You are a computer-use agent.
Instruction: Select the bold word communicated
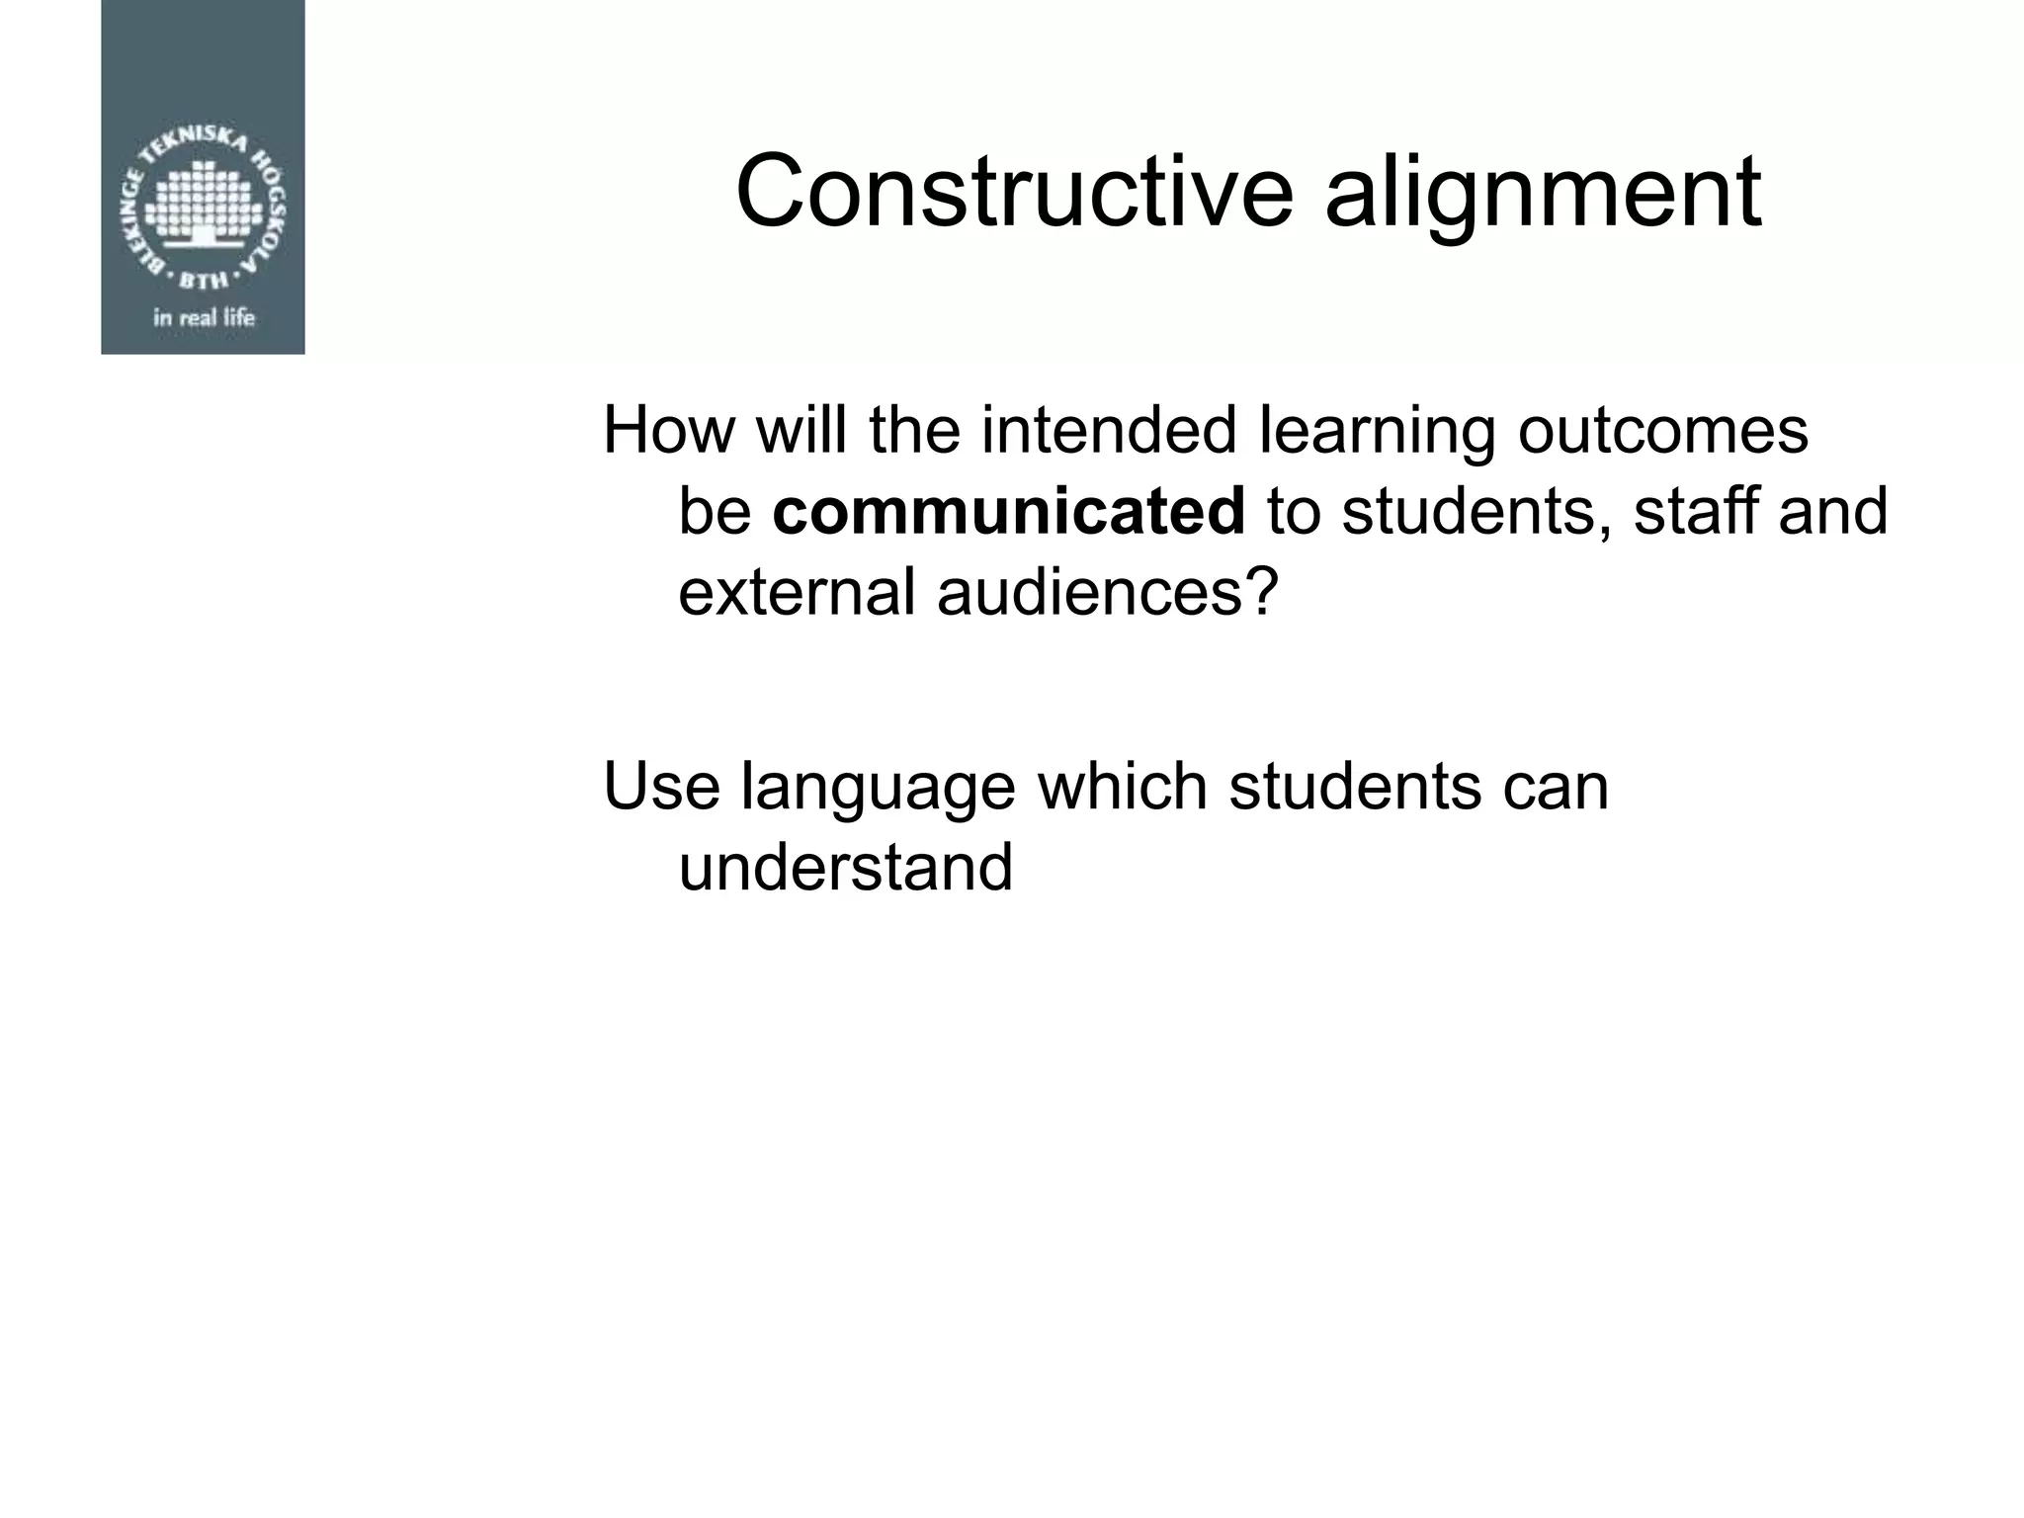tap(1008, 511)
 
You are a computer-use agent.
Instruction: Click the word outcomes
tap(1662, 432)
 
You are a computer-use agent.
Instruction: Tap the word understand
tap(846, 868)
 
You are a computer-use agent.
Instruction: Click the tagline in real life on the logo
tap(204, 318)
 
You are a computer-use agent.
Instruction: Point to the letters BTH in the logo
tap(203, 280)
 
